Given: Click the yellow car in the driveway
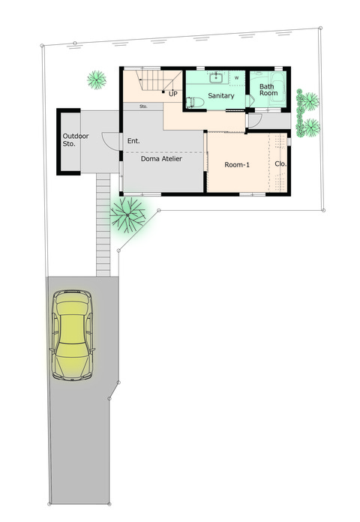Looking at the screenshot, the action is tap(72, 335).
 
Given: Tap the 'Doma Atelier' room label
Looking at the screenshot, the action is tap(161, 159).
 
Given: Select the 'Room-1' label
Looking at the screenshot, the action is tap(237, 164).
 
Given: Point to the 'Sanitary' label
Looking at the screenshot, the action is tap(221, 96).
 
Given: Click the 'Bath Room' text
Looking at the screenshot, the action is tap(268, 90).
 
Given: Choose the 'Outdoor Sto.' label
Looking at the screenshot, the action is tap(76, 139).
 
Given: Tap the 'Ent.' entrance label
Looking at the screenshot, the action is tap(133, 141).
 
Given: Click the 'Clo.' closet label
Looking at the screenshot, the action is tap(280, 163).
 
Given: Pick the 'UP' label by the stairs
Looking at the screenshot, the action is tap(172, 94).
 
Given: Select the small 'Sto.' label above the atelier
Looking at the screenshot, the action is tap(143, 106).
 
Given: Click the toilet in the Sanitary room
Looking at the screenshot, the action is tap(195, 102).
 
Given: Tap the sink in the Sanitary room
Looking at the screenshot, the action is tap(216, 78).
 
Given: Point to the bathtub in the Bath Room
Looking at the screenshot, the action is tap(277, 89).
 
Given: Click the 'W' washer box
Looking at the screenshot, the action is tap(237, 78).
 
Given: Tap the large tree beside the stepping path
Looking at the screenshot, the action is tap(128, 215).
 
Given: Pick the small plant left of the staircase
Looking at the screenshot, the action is tap(97, 80).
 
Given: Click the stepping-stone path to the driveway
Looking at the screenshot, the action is tap(103, 224).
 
